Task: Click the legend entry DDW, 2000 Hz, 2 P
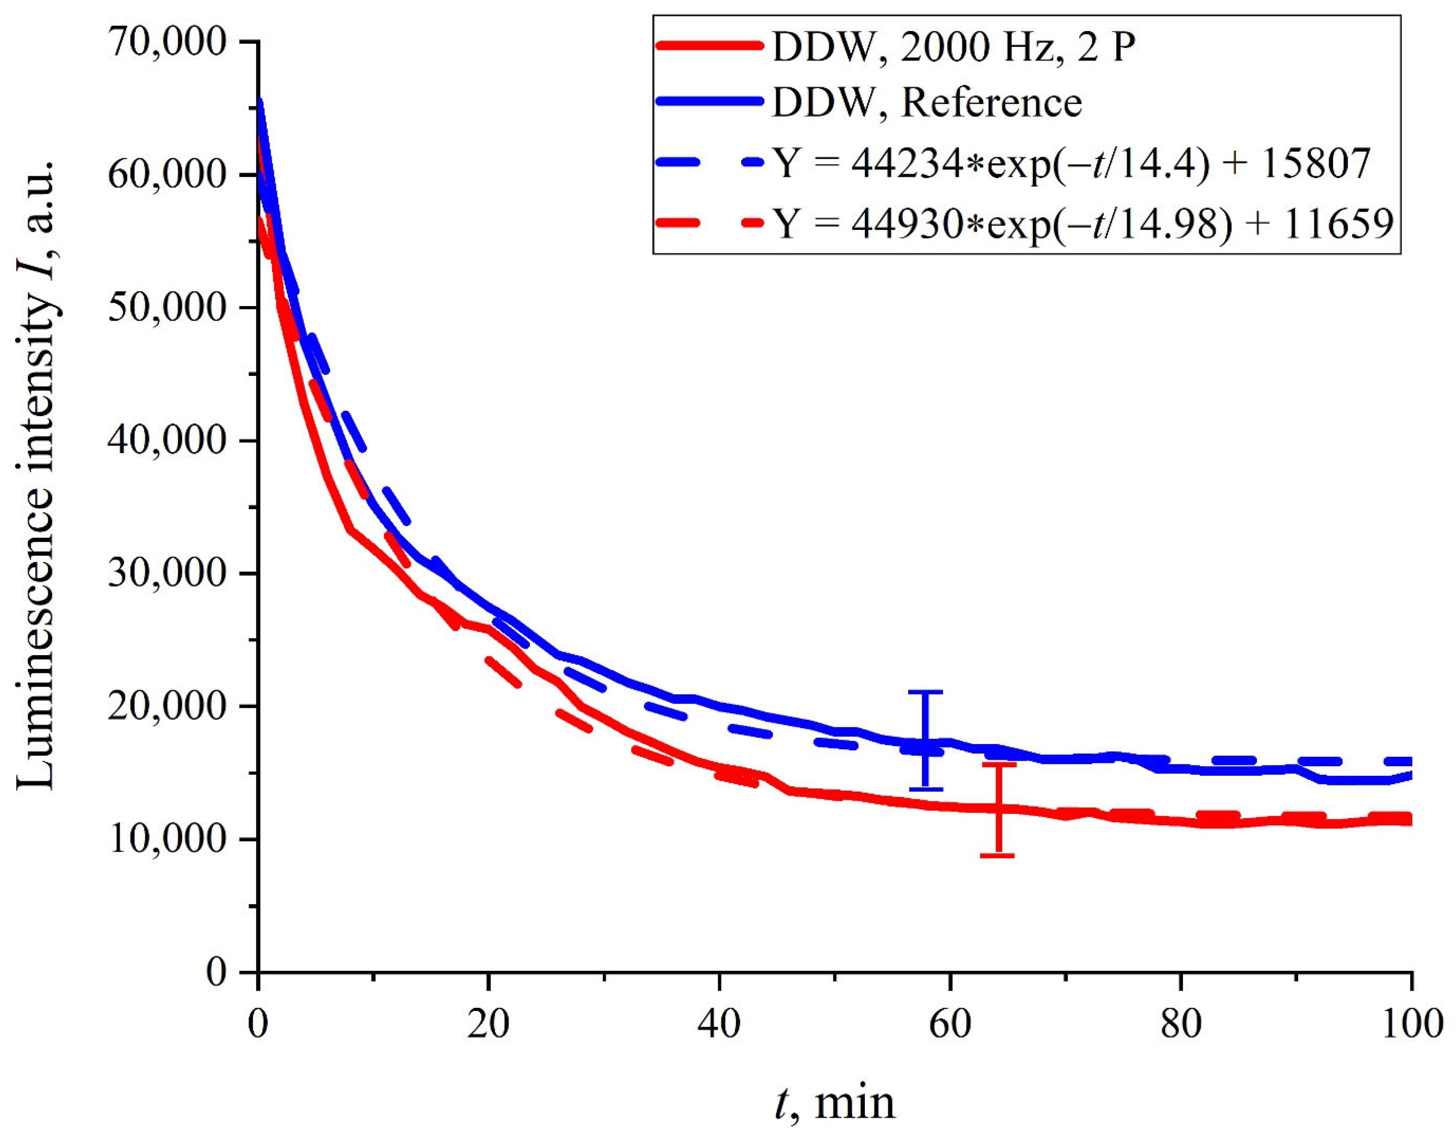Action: pos(953,48)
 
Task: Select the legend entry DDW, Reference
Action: pos(926,103)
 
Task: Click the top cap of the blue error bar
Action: pos(925,692)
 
